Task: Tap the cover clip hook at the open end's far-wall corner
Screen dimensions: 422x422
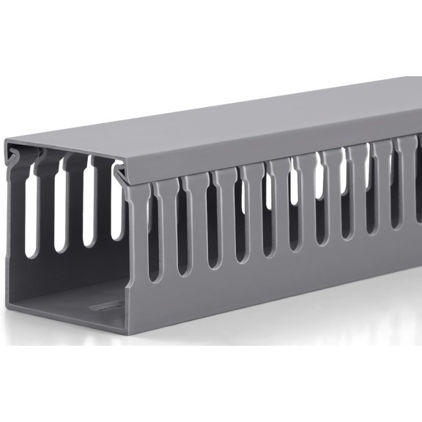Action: pyautogui.click(x=17, y=155)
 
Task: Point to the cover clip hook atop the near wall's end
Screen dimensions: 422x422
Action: pyautogui.click(x=120, y=173)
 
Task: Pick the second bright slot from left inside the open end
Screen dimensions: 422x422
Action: pyautogui.click(x=59, y=212)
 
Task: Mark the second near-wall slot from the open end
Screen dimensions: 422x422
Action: pyautogui.click(x=182, y=227)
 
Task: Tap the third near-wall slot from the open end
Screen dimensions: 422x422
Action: pyautogui.click(x=212, y=223)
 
